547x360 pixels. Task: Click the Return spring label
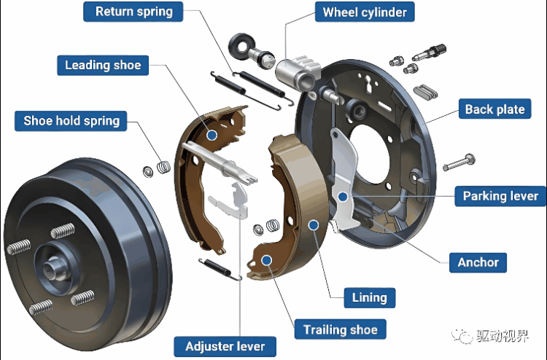[x=134, y=12]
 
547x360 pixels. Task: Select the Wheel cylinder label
[x=365, y=12]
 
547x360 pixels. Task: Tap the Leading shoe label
[x=102, y=66]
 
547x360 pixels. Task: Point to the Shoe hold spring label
[x=71, y=120]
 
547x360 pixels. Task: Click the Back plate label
[x=495, y=109]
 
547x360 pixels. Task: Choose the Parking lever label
[x=500, y=196]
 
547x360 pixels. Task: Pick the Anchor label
[x=478, y=262]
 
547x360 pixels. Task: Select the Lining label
[x=369, y=297]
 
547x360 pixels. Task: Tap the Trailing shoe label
[x=341, y=329]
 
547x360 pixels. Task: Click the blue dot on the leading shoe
[x=211, y=134]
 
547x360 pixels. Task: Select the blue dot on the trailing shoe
[x=267, y=259]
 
